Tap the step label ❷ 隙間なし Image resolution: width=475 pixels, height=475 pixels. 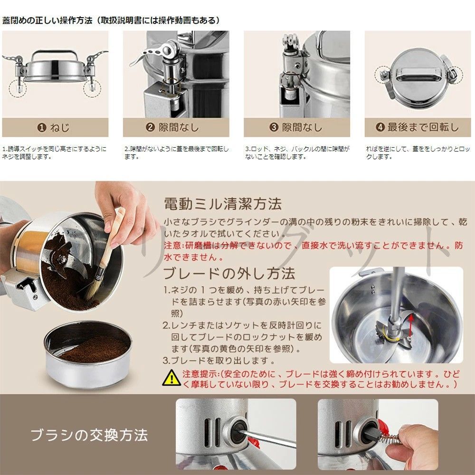172,127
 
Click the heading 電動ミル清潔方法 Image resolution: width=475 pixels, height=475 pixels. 222,204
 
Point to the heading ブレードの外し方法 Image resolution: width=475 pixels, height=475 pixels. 229,274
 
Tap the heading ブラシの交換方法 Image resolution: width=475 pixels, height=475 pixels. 89,435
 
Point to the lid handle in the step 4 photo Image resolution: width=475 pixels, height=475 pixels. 417,75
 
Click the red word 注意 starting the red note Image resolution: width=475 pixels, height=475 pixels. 172,246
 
